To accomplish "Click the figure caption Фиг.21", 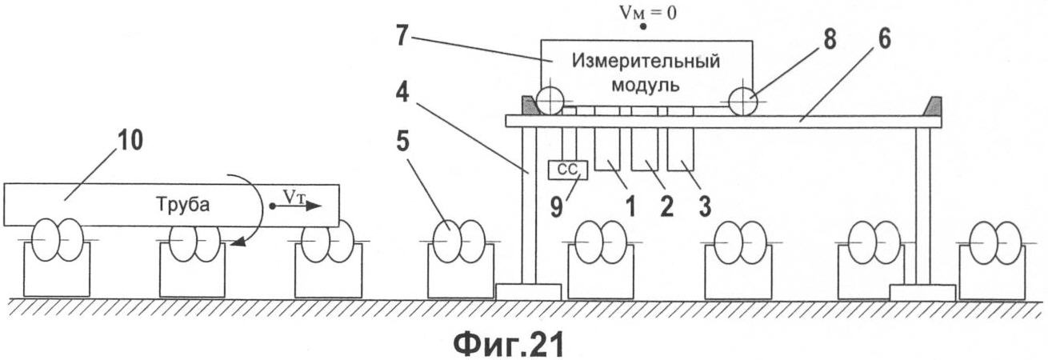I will [509, 344].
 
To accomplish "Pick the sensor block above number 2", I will [644, 148].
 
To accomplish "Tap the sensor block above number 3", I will [681, 148].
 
